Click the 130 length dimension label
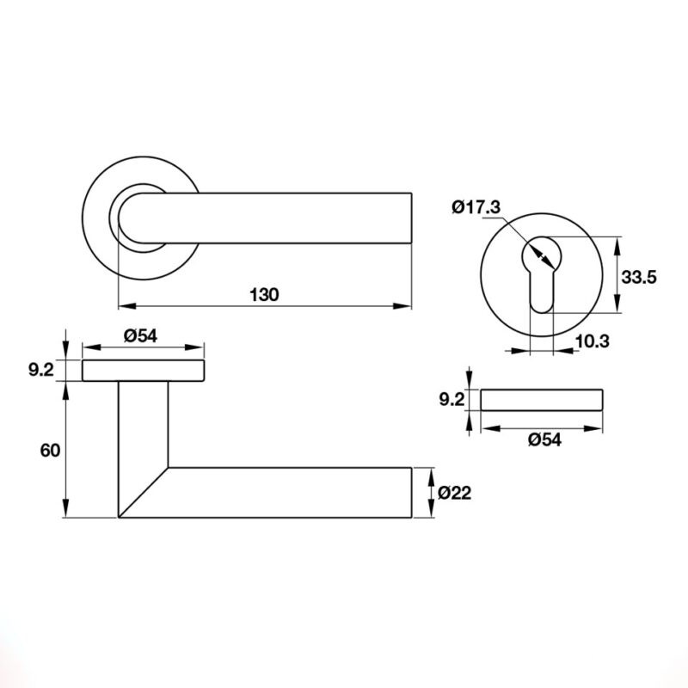[264, 294]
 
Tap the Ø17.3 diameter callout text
[476, 206]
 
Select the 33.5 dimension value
[639, 277]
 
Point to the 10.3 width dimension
[593, 341]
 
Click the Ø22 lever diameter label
[455, 493]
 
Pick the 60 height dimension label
[50, 450]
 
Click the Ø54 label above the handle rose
[140, 335]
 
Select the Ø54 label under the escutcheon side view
[544, 439]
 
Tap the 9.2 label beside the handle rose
[41, 370]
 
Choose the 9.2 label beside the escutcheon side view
[451, 400]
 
